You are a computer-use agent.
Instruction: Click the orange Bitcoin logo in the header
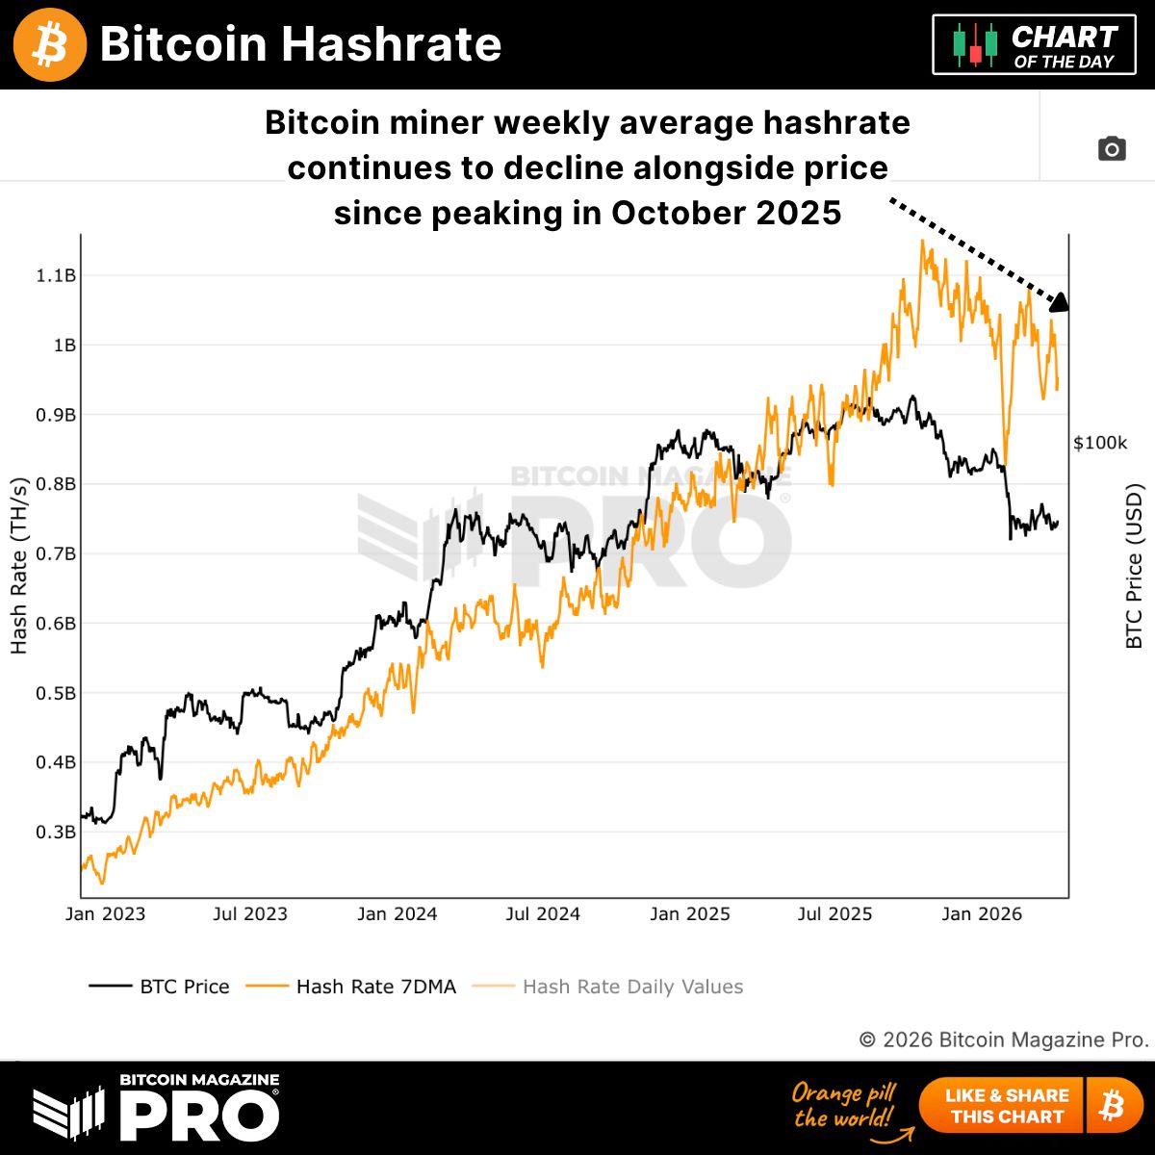[50, 44]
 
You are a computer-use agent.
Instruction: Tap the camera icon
[1112, 149]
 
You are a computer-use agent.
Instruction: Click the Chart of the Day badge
[1034, 45]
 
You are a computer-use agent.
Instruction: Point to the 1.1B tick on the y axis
[56, 276]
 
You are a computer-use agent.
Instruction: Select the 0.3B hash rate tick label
[56, 833]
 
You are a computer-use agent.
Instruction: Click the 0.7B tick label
[56, 554]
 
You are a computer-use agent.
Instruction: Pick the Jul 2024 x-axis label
[543, 914]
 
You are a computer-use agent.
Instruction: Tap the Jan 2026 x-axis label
[982, 914]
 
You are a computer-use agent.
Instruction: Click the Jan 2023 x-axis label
[105, 914]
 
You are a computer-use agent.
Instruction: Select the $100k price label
[1100, 443]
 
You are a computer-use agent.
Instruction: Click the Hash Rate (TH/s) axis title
[19, 566]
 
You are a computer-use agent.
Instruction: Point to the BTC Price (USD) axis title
[1135, 566]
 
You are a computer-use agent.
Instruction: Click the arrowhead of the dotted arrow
[1059, 302]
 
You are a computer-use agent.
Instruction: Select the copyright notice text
[1004, 1039]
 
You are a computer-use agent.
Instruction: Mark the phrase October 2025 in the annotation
[726, 212]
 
